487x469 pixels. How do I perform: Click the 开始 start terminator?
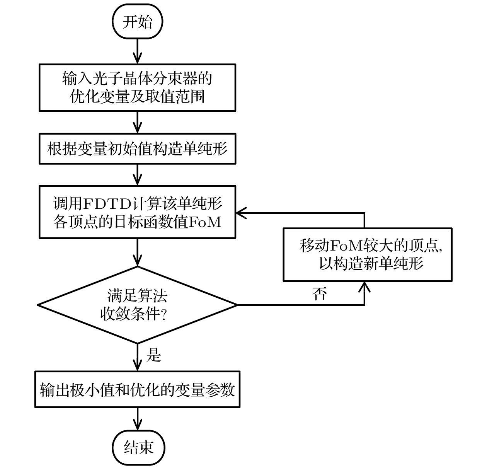(138, 22)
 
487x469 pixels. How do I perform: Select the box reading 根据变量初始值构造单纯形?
(138, 149)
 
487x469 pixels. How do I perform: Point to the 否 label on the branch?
(319, 294)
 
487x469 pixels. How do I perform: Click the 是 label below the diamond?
(153, 355)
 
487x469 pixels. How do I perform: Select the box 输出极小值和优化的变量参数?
(138, 389)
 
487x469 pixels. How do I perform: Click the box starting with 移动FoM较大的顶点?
(368, 254)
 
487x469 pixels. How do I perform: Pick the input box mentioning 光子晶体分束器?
(138, 88)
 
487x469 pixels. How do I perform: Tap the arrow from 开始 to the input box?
(138, 51)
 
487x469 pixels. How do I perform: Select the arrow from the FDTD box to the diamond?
(138, 252)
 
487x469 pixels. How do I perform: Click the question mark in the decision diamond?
(163, 315)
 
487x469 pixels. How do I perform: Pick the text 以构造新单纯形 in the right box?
(371, 264)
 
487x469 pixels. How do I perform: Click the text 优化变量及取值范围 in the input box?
(138, 97)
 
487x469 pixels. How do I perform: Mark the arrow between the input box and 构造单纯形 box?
(138, 122)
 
